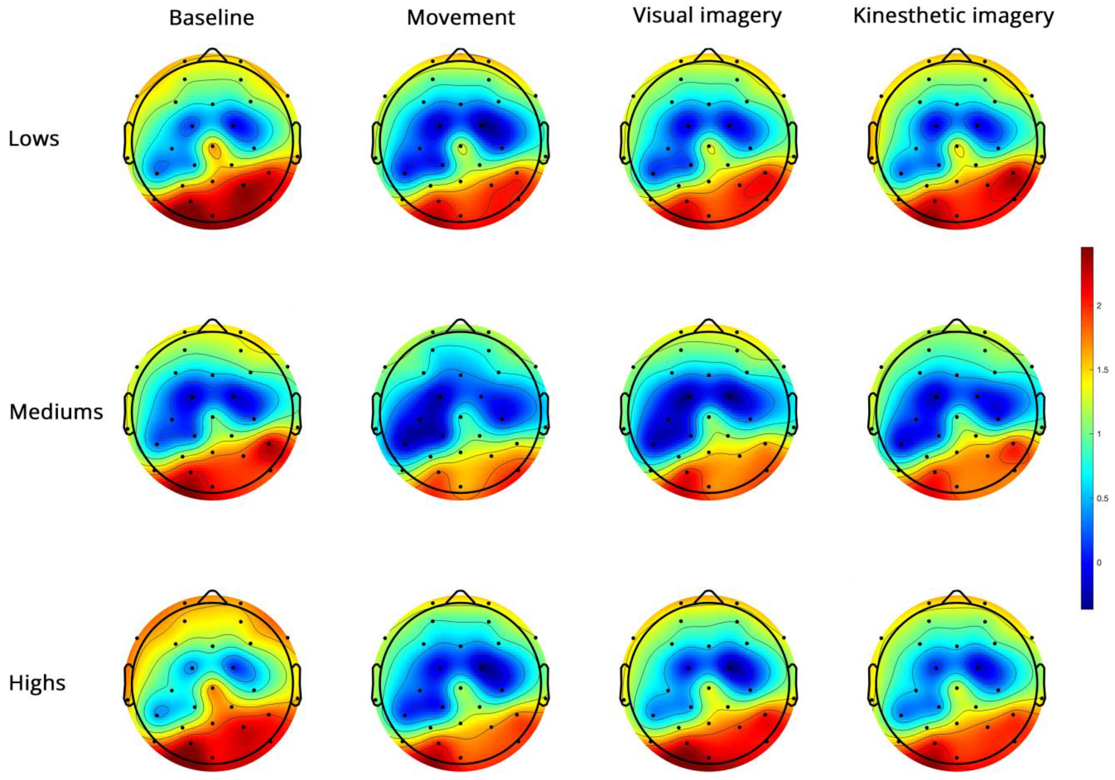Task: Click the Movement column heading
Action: (460, 18)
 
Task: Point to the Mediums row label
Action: (56, 412)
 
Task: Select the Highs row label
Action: (37, 683)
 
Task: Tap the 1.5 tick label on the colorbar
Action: (1102, 370)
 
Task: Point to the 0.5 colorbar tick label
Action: (1102, 498)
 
